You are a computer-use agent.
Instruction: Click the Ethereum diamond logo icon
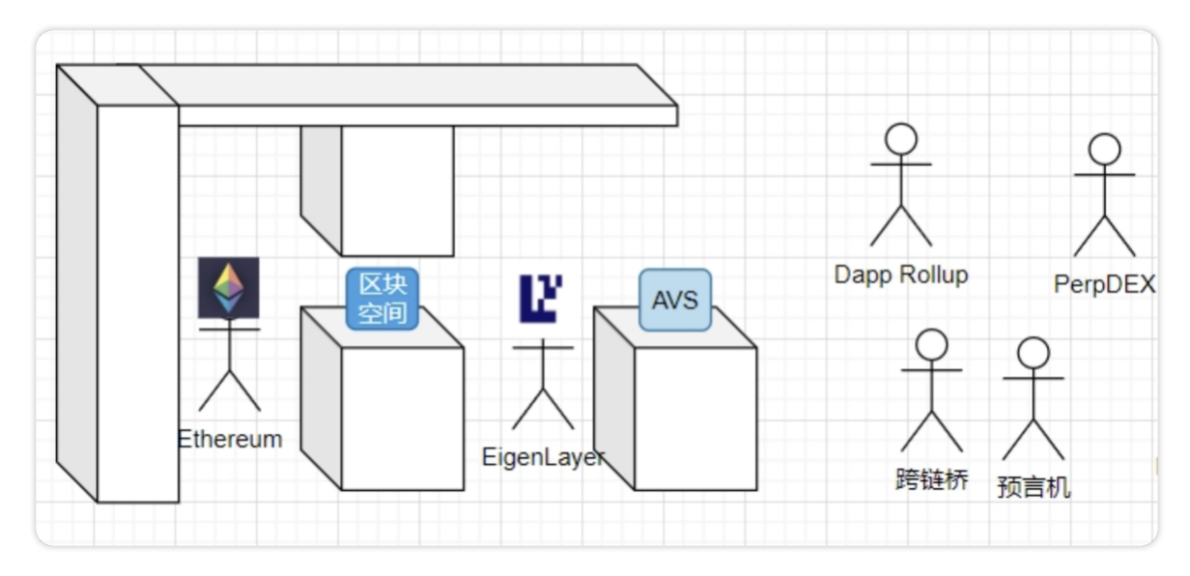pos(229,287)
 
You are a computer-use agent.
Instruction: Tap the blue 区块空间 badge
pos(382,300)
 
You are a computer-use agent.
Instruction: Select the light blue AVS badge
pos(675,301)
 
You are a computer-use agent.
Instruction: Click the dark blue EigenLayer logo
pos(541,299)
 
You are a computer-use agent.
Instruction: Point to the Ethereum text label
pos(230,440)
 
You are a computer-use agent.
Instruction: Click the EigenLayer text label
pos(543,457)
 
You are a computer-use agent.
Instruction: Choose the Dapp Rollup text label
pos(901,275)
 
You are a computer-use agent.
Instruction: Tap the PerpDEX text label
pos(1104,284)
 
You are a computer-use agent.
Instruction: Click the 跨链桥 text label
pos(932,479)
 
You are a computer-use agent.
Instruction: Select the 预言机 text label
pos(1034,487)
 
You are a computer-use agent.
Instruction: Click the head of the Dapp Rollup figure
pos(901,139)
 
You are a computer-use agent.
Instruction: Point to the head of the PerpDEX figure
pos(1104,149)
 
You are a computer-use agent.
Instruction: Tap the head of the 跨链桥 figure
pos(932,344)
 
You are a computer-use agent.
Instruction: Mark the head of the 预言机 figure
pos(1034,353)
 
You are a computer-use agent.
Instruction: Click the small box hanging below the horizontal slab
pos(377,190)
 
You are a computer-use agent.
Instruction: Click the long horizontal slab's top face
pos(392,85)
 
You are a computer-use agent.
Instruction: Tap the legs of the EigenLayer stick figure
pos(543,409)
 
